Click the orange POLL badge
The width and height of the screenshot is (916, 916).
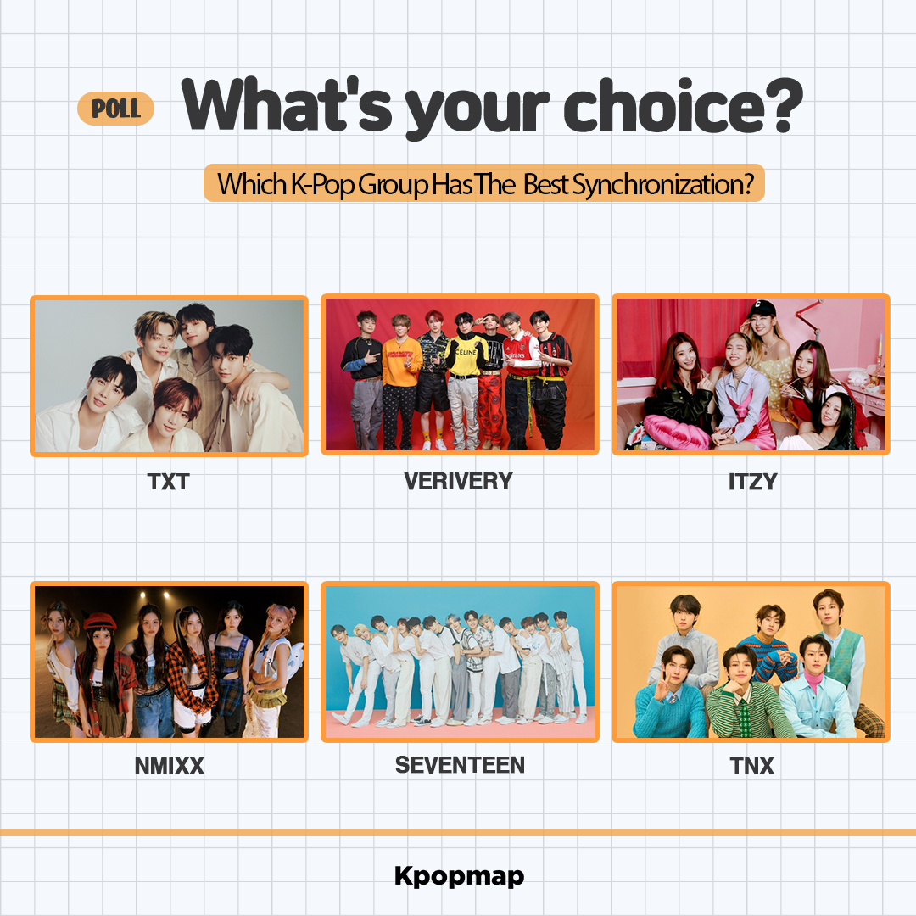click(x=115, y=109)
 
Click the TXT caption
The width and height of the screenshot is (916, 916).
click(x=168, y=482)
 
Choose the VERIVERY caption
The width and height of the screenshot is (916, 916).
click(x=458, y=481)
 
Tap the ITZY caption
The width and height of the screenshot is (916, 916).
click(x=751, y=482)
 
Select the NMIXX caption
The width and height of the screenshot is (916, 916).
click(x=169, y=767)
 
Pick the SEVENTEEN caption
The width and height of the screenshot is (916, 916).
click(x=460, y=765)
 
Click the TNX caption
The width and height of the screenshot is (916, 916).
click(x=751, y=767)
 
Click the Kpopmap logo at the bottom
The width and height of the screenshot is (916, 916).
click(x=459, y=876)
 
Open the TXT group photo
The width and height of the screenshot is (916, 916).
click(x=169, y=376)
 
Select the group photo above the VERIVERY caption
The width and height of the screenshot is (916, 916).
click(x=460, y=375)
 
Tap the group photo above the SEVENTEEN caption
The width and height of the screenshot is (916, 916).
click(x=460, y=662)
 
